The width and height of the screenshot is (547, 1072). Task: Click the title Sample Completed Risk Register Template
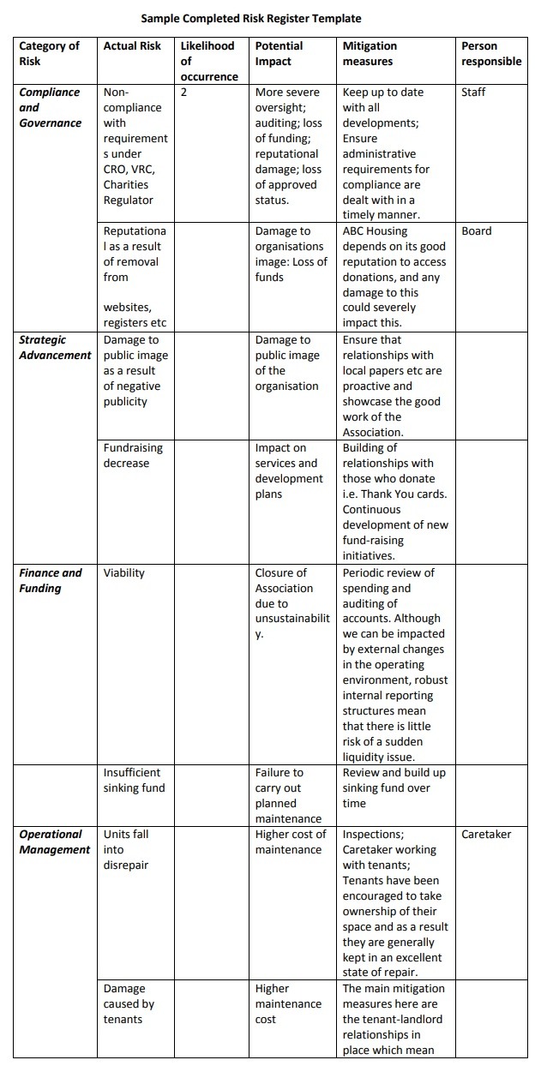pos(250,18)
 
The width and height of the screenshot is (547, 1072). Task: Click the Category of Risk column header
pos(49,53)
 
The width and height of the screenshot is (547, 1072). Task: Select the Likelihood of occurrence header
pos(208,61)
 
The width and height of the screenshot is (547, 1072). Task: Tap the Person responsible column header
pos(490,53)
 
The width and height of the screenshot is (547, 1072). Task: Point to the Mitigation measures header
pos(370,53)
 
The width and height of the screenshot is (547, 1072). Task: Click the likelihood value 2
pos(184,93)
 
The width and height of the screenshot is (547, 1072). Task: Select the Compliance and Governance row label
pos(50,107)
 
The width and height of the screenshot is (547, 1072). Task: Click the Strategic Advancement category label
pos(55,348)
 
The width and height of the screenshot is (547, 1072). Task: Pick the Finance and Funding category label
pos(51,580)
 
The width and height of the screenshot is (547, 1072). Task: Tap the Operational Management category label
pos(54,841)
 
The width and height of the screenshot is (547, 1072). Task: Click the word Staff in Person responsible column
pos(473,93)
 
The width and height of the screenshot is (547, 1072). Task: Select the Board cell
pos(477,231)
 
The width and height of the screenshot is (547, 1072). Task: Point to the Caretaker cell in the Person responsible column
pos(486,835)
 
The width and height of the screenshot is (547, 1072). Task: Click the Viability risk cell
pos(124,573)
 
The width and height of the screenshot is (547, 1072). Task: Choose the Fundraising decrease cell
pos(133,456)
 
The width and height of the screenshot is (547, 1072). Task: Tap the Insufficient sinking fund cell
pos(134,780)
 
